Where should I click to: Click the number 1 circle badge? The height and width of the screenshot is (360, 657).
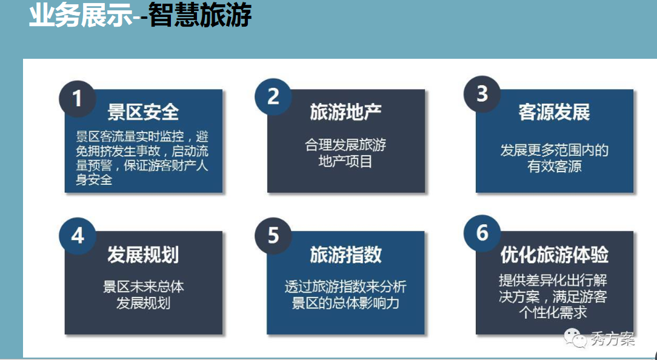78,99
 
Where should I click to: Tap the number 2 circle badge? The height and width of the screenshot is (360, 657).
273,97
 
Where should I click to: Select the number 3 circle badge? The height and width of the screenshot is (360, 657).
482,94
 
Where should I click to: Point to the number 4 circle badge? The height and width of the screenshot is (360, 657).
78,236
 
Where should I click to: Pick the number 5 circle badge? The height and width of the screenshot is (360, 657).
273,236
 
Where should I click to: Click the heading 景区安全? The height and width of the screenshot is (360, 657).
143,112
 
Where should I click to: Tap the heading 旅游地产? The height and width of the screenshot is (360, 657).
345,112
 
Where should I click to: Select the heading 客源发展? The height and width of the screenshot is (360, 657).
554,112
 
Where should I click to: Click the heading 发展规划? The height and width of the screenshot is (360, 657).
143,255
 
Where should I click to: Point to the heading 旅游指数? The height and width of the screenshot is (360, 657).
345,255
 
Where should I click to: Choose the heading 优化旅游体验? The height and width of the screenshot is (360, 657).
555,255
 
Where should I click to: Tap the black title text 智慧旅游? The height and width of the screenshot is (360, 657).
200,16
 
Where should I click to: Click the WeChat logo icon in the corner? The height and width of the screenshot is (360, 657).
575,338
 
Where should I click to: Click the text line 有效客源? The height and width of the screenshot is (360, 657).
555,167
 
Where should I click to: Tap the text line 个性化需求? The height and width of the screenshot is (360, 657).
553,312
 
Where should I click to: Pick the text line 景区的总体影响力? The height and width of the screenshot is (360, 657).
345,302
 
